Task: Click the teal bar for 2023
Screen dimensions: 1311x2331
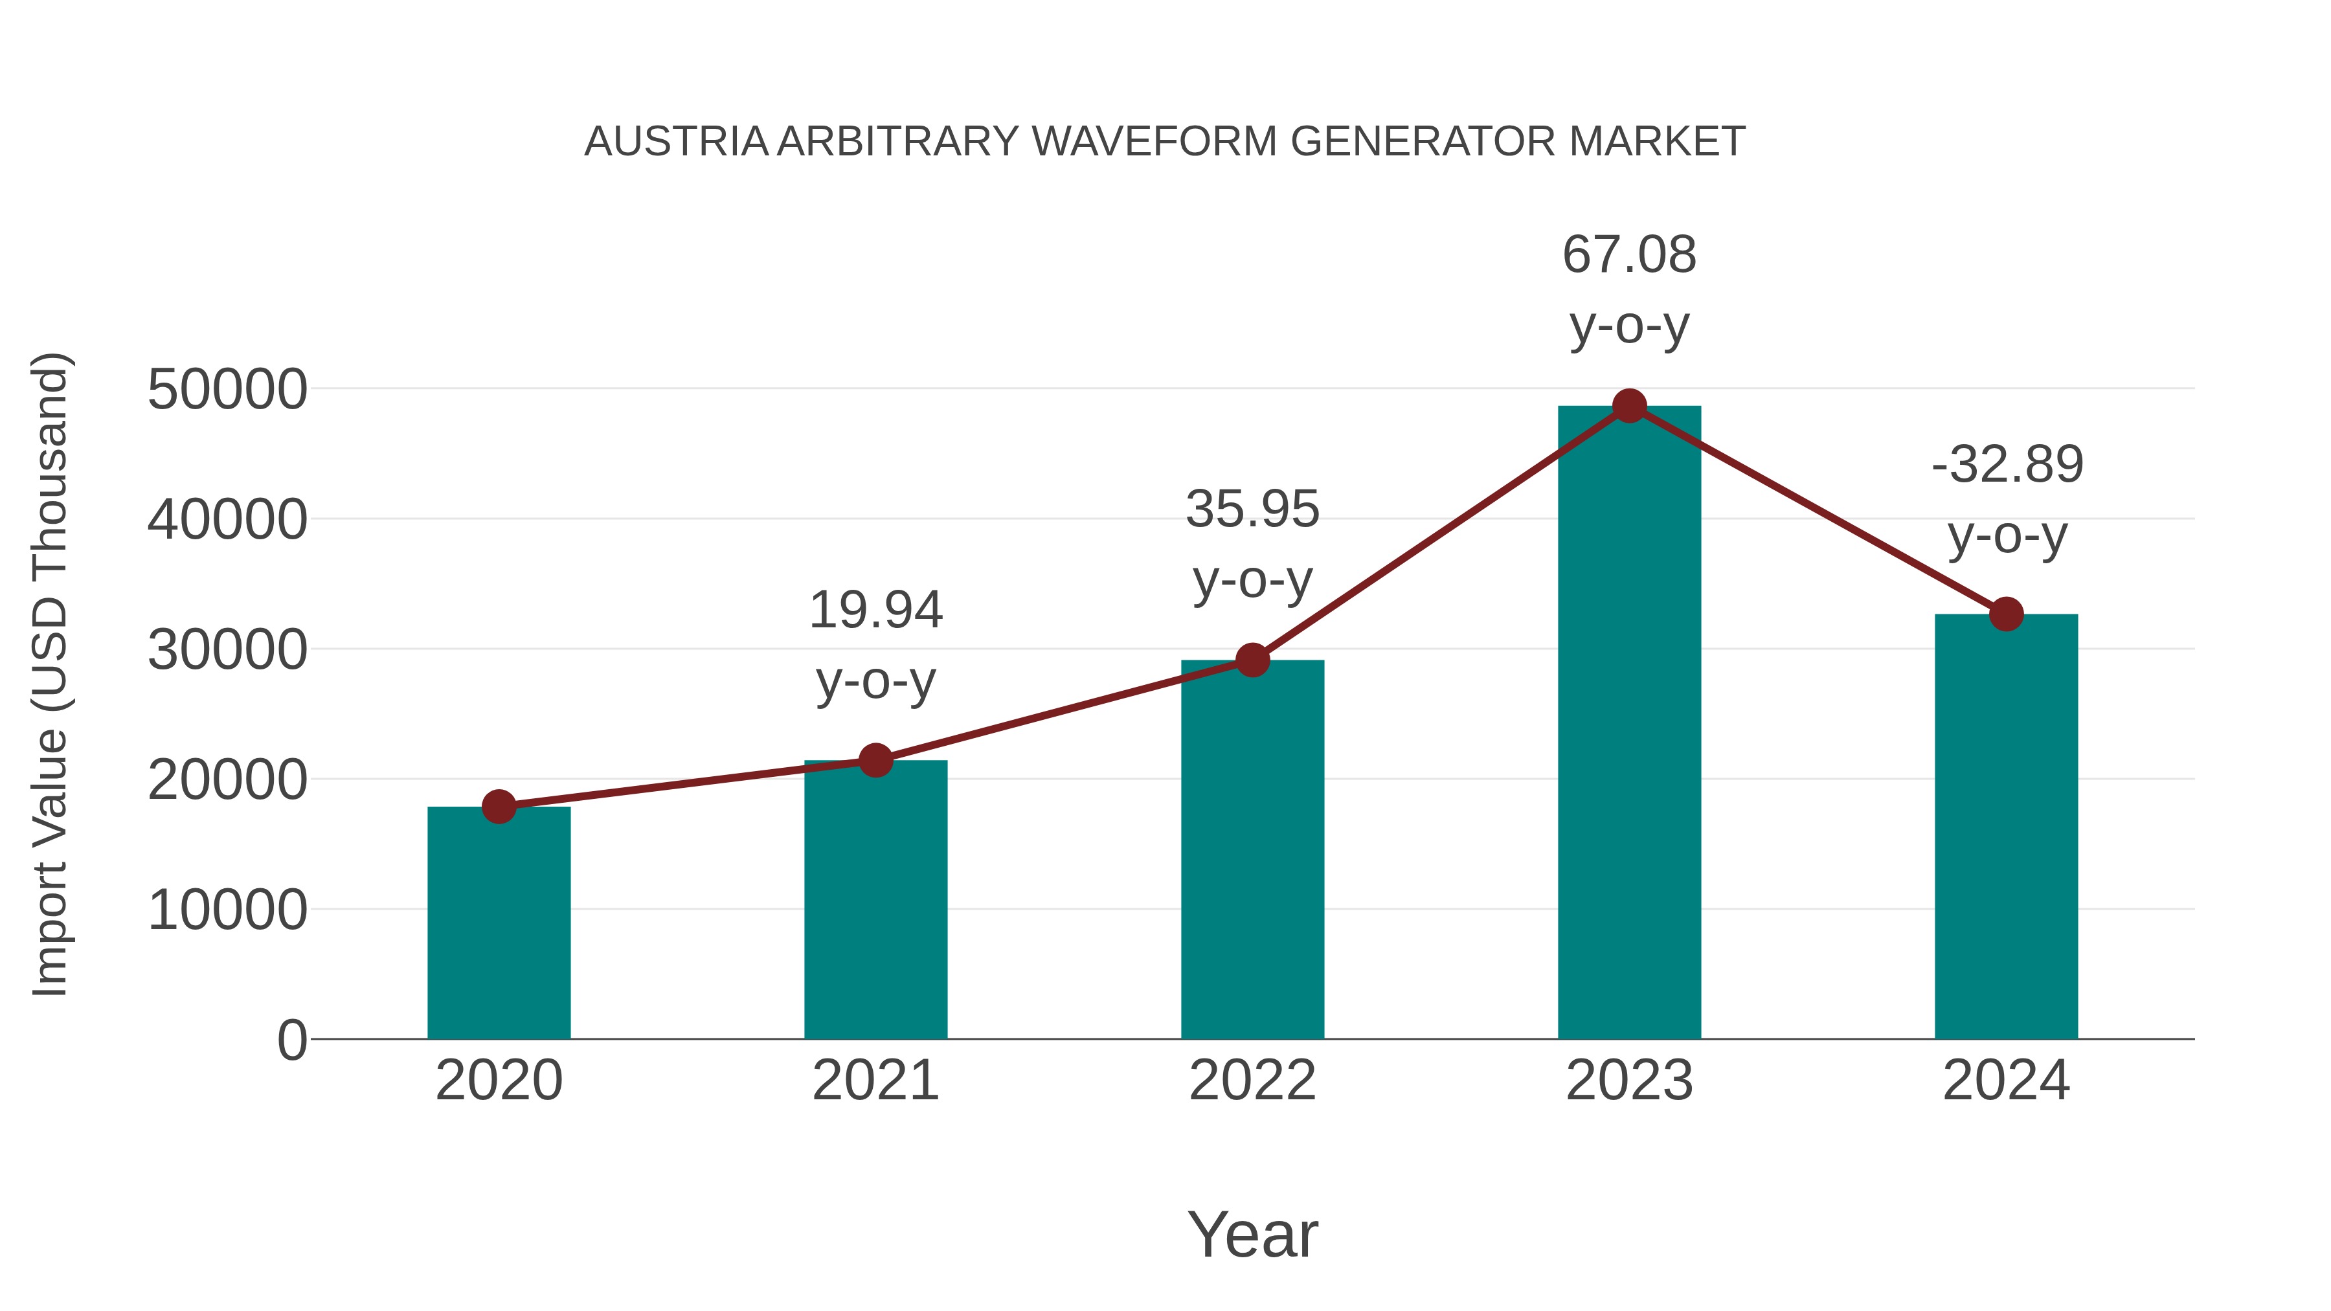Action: [1629, 724]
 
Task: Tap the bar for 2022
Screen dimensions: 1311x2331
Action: [1252, 851]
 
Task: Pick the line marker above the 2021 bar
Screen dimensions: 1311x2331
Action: [875, 761]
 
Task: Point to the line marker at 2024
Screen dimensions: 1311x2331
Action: [2006, 614]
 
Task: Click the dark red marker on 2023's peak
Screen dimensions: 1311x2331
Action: [1629, 406]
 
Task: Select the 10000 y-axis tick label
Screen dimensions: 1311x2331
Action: [227, 910]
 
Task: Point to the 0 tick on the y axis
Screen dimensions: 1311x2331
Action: [291, 1040]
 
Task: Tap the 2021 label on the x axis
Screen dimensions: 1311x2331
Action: [875, 1081]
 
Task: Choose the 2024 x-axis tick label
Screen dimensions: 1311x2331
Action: [2006, 1081]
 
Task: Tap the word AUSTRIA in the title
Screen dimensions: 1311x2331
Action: [676, 142]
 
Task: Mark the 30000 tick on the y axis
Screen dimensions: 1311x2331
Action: [227, 651]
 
